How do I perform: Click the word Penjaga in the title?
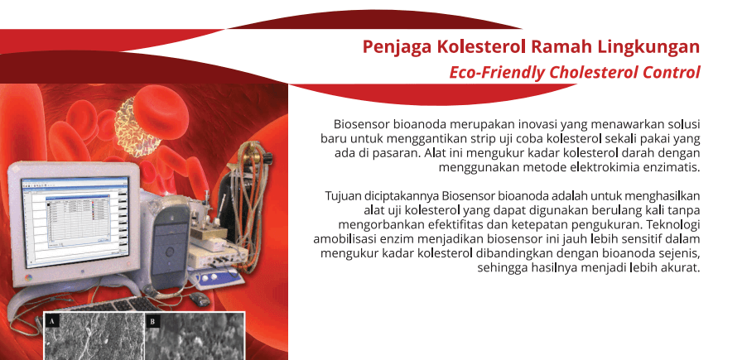[397, 48]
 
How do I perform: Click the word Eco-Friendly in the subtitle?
[497, 73]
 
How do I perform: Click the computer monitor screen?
[75, 222]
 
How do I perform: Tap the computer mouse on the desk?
[200, 299]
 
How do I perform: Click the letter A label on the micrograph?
[52, 322]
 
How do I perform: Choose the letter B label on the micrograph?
[152, 322]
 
